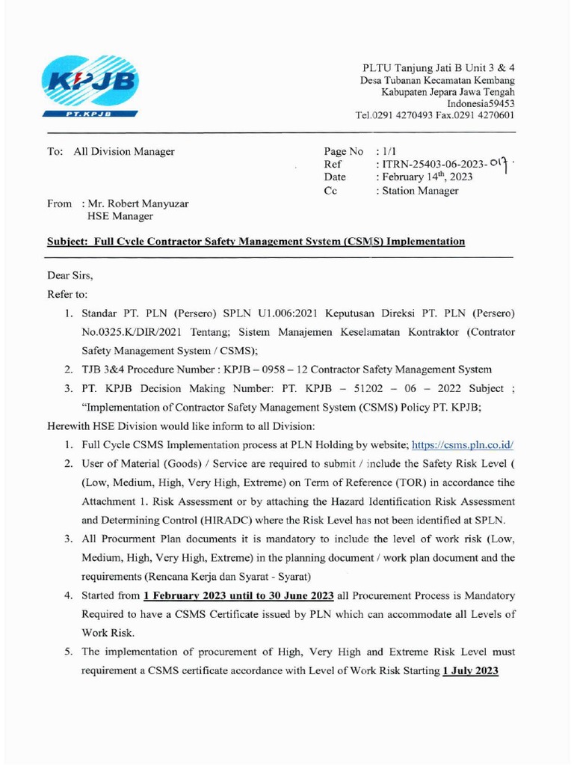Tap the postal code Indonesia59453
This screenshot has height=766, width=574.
pos(481,103)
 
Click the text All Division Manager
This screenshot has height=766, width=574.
pos(123,151)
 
